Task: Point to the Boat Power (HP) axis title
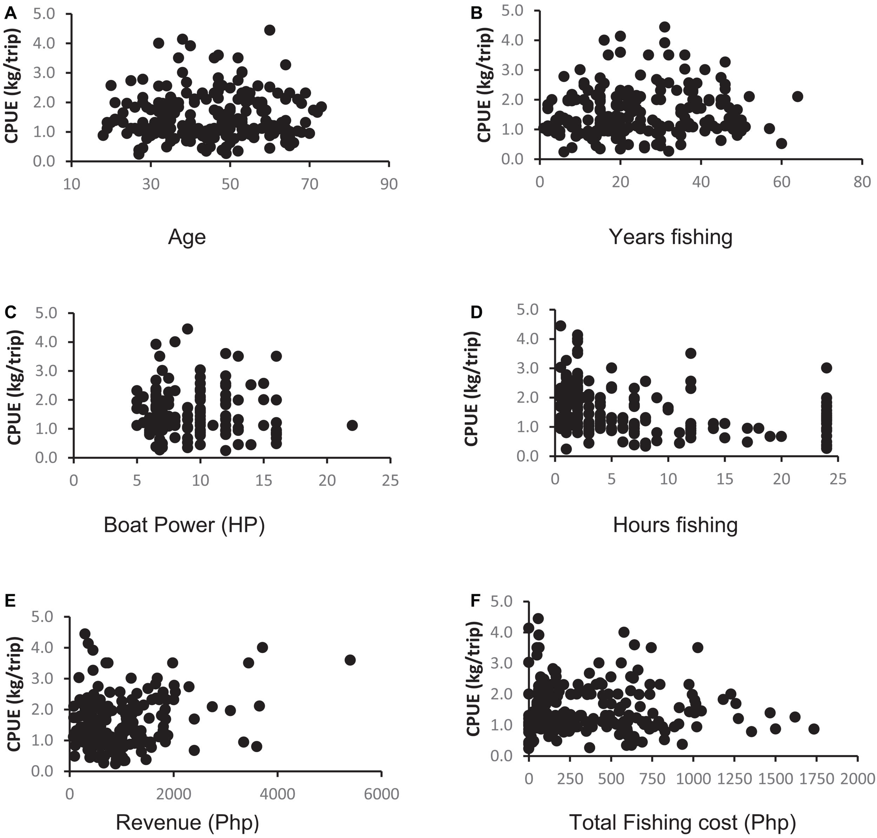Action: tap(184, 525)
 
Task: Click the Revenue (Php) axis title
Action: tap(187, 822)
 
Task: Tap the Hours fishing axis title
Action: tap(675, 525)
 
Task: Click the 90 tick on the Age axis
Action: tap(388, 184)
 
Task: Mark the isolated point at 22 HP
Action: tap(352, 425)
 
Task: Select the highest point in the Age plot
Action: tap(269, 30)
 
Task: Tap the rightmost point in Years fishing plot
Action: tap(797, 96)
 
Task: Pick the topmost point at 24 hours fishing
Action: tap(826, 368)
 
